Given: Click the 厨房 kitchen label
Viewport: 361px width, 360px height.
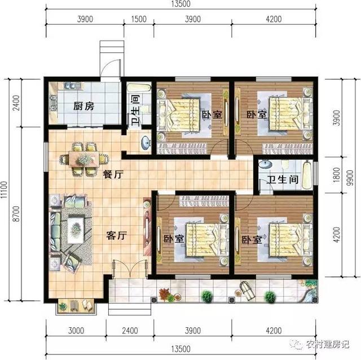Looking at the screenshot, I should [83, 106].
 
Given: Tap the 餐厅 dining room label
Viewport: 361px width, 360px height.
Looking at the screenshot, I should [113, 175].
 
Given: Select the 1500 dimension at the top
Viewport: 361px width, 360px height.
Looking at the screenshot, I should [139, 19].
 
